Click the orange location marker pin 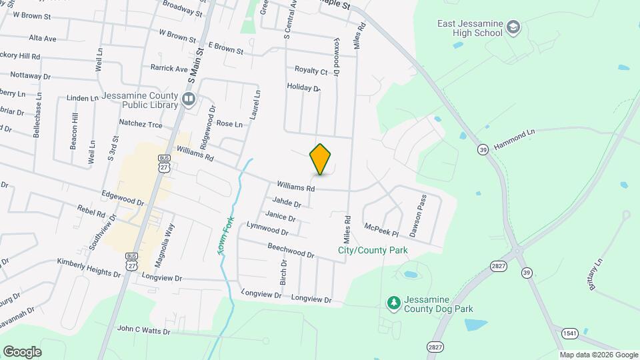click(x=321, y=159)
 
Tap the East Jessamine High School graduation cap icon click(x=513, y=27)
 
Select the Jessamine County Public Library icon click(x=189, y=100)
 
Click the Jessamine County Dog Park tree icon click(x=394, y=303)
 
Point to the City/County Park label click(x=373, y=251)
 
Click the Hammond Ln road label click(x=514, y=134)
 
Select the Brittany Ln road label click(x=596, y=275)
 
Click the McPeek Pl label click(x=381, y=230)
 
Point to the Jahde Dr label click(x=287, y=202)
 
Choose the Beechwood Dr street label click(x=291, y=250)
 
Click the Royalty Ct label click(x=311, y=71)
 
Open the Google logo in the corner click(x=22, y=351)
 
